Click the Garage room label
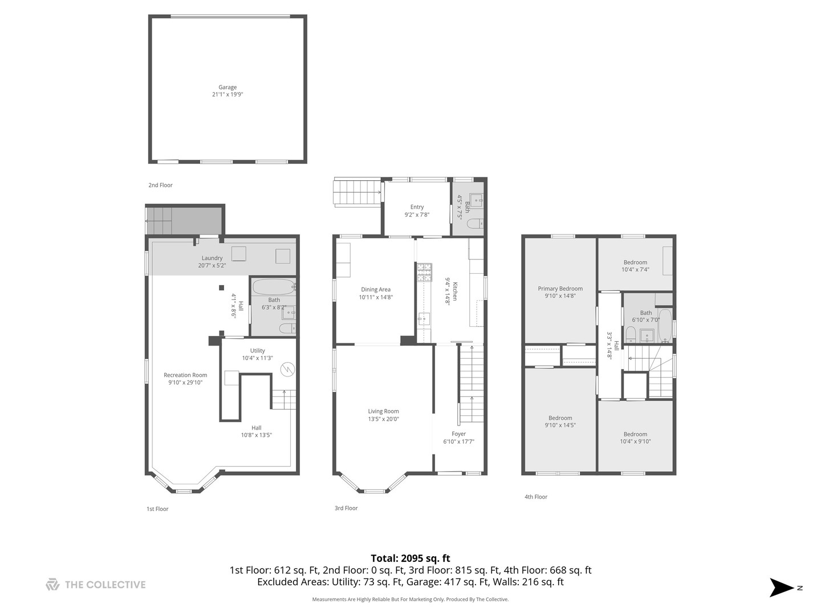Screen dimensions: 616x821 (x=227, y=87)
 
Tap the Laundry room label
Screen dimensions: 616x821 (x=212, y=258)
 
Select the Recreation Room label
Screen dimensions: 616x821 (x=185, y=375)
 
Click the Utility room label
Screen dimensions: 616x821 (x=257, y=351)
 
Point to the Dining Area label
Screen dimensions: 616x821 (x=376, y=290)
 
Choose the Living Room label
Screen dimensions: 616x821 (x=383, y=411)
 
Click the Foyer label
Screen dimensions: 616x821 (x=458, y=434)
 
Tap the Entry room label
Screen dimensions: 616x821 (x=417, y=207)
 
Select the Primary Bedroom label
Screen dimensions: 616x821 (x=560, y=289)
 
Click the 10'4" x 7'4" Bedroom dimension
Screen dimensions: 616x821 (x=635, y=270)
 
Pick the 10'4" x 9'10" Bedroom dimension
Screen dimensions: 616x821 (x=635, y=441)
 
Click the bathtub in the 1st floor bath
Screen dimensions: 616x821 (x=273, y=286)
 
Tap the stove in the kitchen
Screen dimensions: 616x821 (x=424, y=272)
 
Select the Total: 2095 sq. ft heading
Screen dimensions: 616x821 (x=410, y=558)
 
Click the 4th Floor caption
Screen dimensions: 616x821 (x=536, y=497)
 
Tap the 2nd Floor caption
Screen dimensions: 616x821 (x=160, y=185)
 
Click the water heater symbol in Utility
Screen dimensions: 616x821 (x=288, y=369)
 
